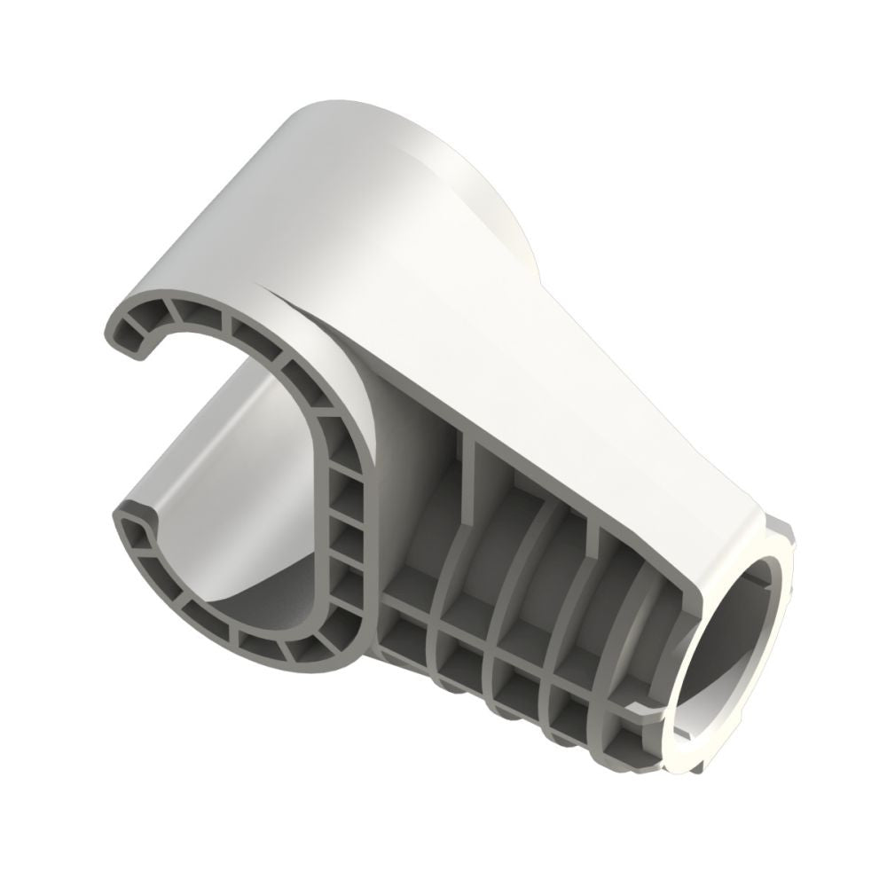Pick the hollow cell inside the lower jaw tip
point(138,532)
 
